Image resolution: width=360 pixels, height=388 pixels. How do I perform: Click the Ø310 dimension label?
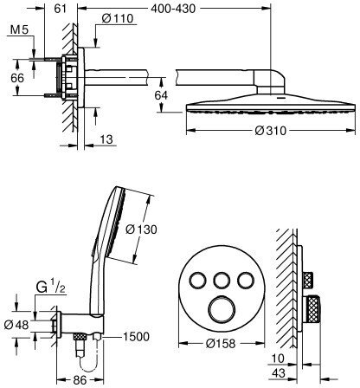[x=271, y=131]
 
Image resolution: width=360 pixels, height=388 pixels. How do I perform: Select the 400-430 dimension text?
[x=173, y=9]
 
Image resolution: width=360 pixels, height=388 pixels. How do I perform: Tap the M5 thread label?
[x=20, y=29]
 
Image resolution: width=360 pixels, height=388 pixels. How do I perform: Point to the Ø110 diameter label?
[x=118, y=19]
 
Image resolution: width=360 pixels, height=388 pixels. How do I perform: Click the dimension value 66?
[x=17, y=78]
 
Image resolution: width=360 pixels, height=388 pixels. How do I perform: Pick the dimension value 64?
[x=161, y=95]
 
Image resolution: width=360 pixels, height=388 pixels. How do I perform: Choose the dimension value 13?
[x=106, y=139]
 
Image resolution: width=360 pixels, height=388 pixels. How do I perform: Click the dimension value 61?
[x=61, y=9]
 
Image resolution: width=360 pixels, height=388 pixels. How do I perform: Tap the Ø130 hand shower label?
[x=142, y=230]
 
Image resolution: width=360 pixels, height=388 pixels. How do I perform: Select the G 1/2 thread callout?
[x=51, y=288]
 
